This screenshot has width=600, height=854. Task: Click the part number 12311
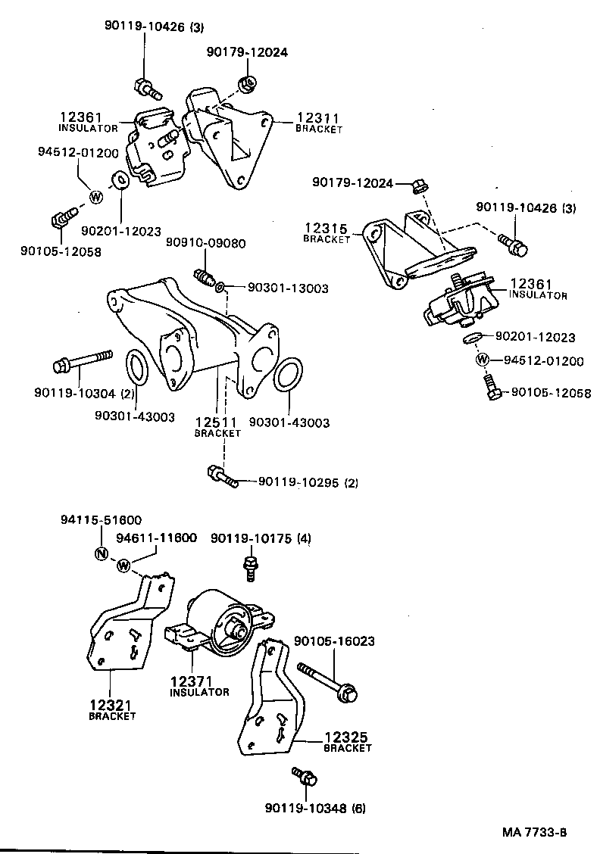click(317, 119)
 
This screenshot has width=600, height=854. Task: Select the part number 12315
click(327, 229)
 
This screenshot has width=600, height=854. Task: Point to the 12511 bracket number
click(217, 422)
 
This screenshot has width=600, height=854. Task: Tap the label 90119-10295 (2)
click(308, 482)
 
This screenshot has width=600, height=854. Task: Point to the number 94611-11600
click(156, 538)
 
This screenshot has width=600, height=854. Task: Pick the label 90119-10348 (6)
click(315, 808)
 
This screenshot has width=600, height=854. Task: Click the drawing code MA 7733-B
click(534, 833)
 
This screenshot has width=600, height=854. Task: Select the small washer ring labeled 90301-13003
click(220, 288)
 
